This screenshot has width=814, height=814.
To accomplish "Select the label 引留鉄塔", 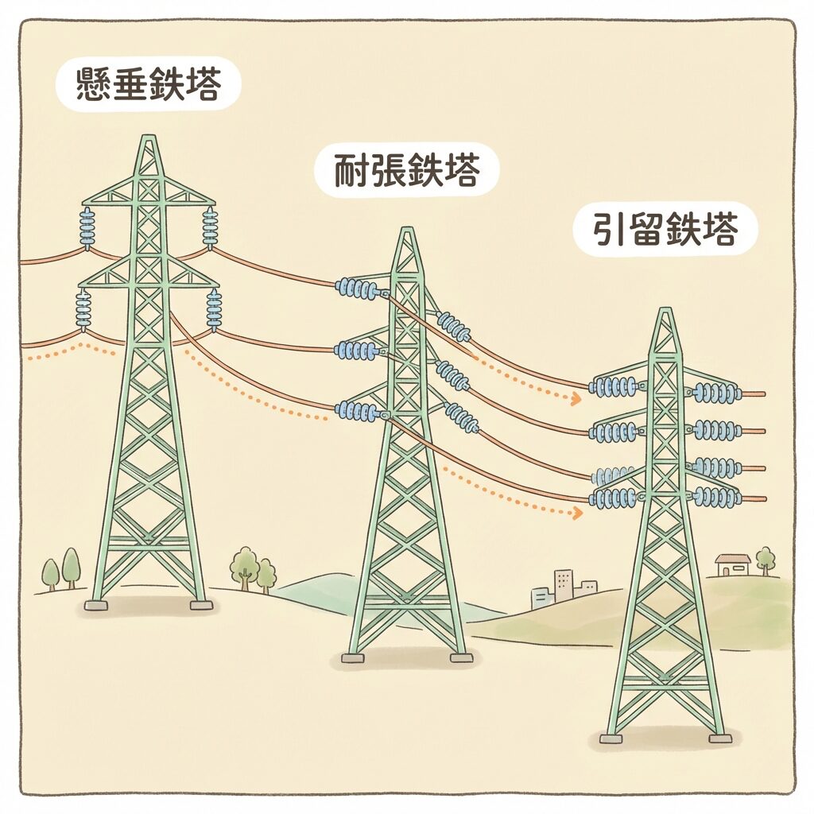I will (665, 230).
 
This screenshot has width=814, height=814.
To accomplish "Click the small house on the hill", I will (732, 565).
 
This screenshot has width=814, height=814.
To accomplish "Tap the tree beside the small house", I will (766, 559).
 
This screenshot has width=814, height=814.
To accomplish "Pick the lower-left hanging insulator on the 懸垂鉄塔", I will (83, 310).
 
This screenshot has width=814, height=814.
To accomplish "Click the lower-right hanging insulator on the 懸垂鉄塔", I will (214, 310).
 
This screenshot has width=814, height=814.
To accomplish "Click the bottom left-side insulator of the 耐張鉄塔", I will (357, 411).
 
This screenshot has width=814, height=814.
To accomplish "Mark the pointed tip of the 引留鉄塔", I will (665, 312).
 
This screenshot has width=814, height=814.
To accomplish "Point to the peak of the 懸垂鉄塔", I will (148, 140).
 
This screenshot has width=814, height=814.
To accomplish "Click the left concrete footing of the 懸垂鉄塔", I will (95, 605).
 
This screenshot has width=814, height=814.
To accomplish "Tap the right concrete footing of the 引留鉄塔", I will (719, 738).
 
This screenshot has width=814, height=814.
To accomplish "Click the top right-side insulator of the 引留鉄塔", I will (716, 393).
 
